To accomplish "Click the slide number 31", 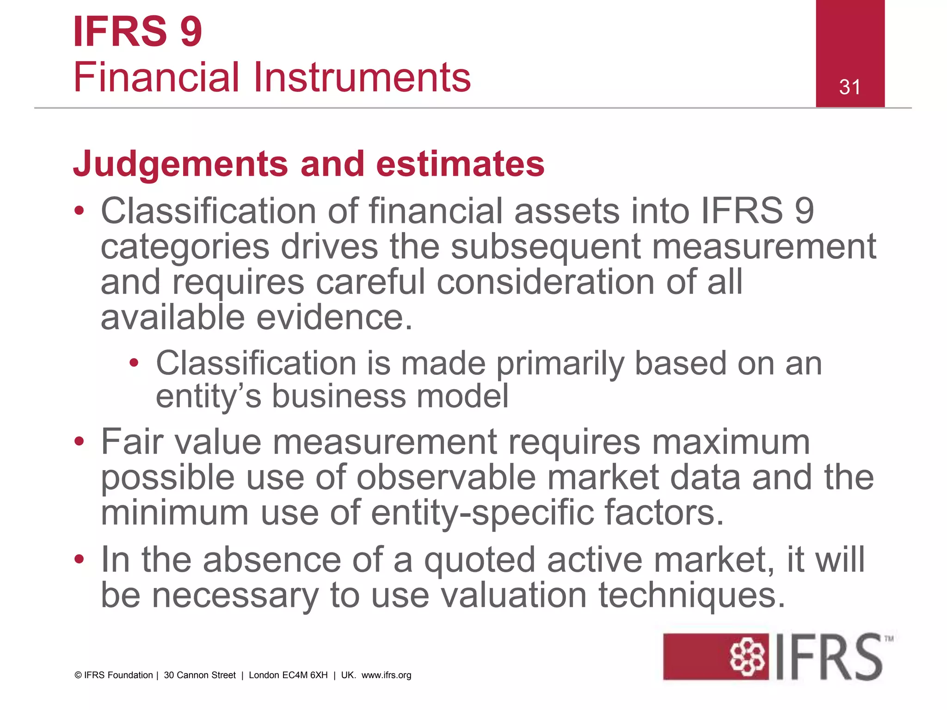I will coord(850,87).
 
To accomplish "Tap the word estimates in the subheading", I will coord(460,164).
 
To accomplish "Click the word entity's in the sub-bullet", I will coord(209,397).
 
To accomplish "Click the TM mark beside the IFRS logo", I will coord(889,639).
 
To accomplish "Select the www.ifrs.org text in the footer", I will coord(386,675).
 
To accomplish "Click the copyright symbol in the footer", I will coord(78,675).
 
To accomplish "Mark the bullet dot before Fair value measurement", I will coord(80,441).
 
